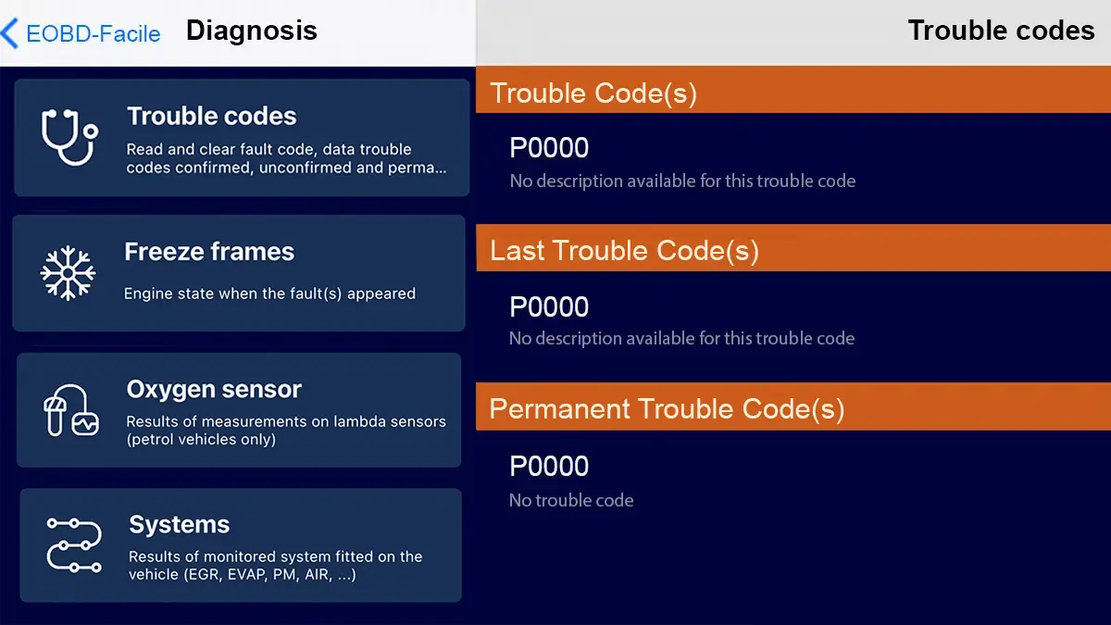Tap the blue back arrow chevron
pos(10,33)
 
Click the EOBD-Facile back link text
pos(94,34)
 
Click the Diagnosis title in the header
pos(252,31)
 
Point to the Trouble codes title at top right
pos(1001,31)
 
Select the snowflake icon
pos(68,273)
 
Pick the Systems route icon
pos(73,544)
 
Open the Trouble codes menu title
pos(212,116)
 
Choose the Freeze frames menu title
pos(209,252)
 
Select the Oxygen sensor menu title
pos(214,390)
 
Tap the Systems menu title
pos(180,525)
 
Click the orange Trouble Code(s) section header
pos(593,94)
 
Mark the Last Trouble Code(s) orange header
pos(624,251)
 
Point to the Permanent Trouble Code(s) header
pos(667,409)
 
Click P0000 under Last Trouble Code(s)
pos(549,306)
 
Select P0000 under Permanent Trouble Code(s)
pos(549,466)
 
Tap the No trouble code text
pos(571,501)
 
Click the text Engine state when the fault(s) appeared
pos(269,294)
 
